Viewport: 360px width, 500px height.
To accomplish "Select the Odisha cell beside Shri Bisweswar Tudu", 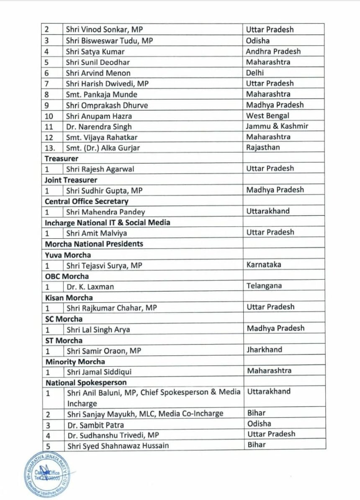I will (x=257, y=41).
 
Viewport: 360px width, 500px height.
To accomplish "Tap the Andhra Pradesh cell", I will (x=273, y=52).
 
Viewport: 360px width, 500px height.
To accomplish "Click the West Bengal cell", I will (x=267, y=116).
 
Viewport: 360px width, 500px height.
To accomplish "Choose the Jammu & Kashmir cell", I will (x=277, y=126).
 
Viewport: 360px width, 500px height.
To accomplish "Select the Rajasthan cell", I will (x=263, y=147).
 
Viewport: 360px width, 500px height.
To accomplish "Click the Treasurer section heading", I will (x=62, y=159).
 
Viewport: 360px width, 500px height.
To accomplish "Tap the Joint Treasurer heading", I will (x=71, y=180).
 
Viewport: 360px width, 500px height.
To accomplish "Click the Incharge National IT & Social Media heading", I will (x=108, y=222).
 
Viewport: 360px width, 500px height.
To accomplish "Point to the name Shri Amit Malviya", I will (x=97, y=233).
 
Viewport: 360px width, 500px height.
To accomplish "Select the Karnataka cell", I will (x=264, y=265).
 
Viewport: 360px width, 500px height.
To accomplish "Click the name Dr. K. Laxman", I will (x=90, y=287).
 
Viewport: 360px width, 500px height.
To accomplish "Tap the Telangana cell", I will (x=264, y=286).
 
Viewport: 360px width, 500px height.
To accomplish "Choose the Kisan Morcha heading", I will (x=69, y=298).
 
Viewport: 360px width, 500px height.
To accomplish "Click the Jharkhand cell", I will (x=264, y=350).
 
